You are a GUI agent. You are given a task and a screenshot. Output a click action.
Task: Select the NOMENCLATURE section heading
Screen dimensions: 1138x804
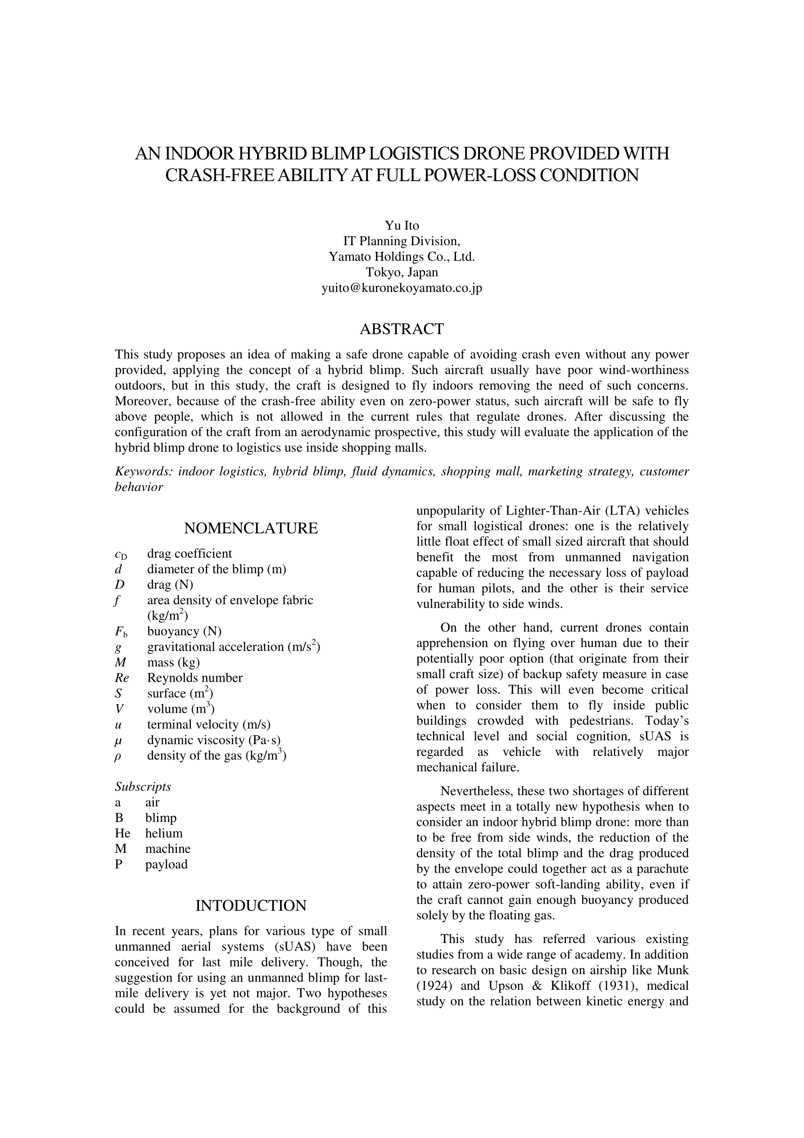point(251,528)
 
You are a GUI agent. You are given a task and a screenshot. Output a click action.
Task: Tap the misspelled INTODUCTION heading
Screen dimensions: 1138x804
point(251,906)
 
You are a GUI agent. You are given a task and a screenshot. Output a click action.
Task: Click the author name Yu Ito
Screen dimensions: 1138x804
point(402,226)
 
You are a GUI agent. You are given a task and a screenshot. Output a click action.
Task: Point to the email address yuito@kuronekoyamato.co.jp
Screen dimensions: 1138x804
point(402,288)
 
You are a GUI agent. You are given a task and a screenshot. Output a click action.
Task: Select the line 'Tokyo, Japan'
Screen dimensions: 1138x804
point(402,272)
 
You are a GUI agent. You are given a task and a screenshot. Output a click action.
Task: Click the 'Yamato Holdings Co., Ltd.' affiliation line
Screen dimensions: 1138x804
point(402,257)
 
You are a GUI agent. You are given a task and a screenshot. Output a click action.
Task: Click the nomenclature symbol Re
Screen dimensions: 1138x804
point(122,678)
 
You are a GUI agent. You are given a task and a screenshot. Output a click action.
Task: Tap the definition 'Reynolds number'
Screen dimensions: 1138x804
point(194,678)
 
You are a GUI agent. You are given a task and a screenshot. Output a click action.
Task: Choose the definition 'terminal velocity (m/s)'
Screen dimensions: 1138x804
point(208,724)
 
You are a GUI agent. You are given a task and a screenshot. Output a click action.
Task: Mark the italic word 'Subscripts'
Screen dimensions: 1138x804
point(143,787)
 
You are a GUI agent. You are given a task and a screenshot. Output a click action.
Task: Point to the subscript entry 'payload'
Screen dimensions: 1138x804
point(166,865)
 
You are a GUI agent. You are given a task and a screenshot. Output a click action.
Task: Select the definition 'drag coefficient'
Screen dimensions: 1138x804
point(189,554)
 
